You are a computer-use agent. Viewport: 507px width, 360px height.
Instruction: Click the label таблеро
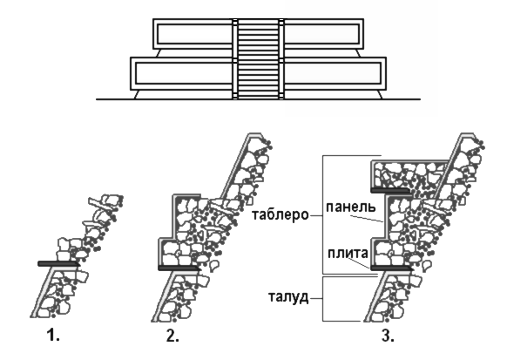tap(281, 214)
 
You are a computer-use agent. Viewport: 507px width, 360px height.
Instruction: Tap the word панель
tap(351, 207)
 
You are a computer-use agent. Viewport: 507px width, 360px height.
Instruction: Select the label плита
tap(348, 253)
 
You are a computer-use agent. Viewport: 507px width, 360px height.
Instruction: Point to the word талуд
tap(288, 297)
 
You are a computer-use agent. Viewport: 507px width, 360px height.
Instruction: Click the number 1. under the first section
tap(53, 336)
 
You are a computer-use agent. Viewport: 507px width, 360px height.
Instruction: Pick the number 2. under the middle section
tap(172, 336)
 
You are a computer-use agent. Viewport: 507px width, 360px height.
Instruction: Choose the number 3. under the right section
tap(388, 336)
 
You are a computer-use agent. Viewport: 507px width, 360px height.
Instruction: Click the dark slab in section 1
tap(58, 264)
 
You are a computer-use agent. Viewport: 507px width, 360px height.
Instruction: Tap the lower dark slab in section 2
tap(179, 268)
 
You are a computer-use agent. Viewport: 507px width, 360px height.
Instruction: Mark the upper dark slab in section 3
tap(390, 190)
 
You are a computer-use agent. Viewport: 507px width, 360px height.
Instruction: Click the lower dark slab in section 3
tap(391, 268)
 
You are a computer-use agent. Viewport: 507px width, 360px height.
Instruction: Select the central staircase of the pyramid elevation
tap(258, 59)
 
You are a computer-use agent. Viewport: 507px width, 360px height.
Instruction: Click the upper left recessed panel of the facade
tap(194, 34)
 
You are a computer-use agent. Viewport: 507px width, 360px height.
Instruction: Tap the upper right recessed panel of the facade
tap(321, 34)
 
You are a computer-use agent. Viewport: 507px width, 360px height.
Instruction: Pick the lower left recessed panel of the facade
tap(184, 73)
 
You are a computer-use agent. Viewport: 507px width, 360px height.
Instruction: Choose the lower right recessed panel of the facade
tap(333, 73)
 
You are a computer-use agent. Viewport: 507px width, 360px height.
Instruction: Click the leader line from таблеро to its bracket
tap(316, 215)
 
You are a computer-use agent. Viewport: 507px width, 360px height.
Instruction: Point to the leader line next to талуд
tap(316, 298)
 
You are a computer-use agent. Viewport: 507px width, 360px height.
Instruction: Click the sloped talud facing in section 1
tap(43, 293)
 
